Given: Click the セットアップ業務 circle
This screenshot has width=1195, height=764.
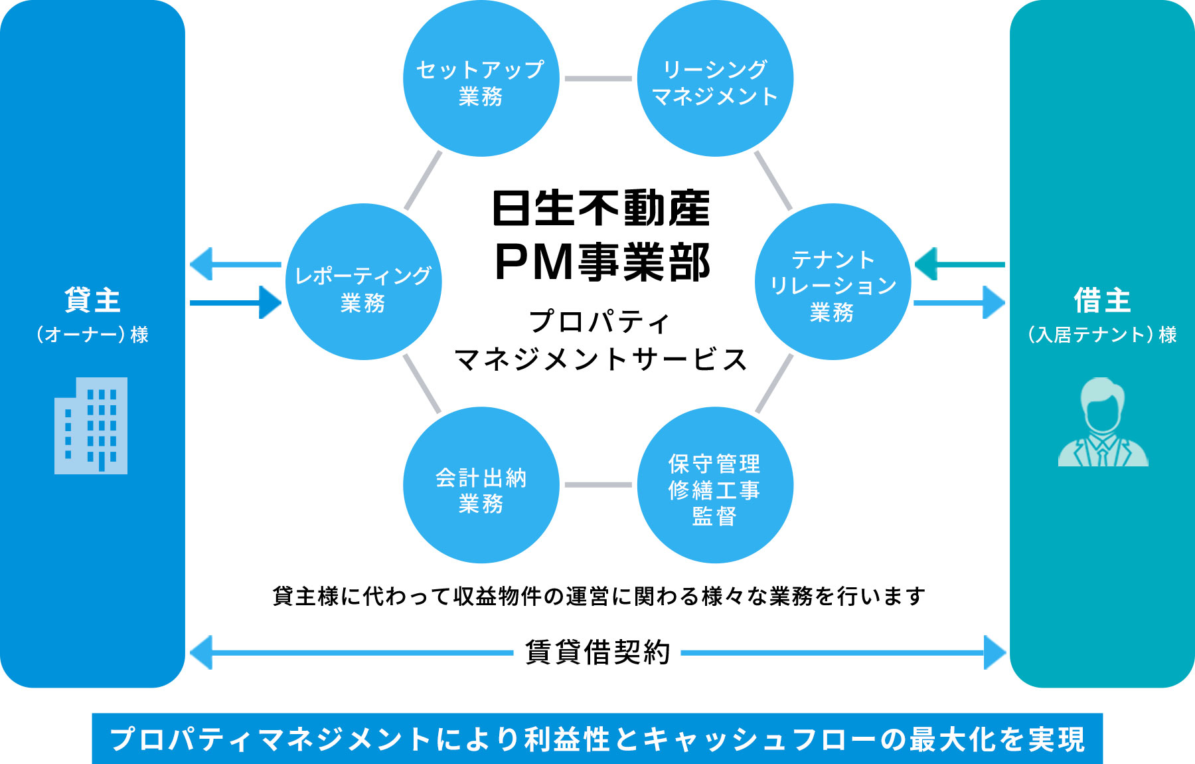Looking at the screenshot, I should (481, 79).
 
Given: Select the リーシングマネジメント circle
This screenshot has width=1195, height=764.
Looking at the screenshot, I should (715, 79).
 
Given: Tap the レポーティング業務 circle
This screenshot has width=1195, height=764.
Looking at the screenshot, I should (363, 282).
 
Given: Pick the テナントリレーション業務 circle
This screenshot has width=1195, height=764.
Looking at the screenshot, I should (833, 282).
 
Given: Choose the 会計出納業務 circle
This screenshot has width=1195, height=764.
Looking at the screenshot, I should (481, 485).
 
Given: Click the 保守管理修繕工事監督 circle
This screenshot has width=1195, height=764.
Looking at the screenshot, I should (715, 485).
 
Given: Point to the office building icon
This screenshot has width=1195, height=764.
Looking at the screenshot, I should (91, 425).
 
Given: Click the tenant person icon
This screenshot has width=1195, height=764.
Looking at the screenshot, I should (1103, 423).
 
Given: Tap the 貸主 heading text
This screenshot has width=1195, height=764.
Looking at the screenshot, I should (92, 300).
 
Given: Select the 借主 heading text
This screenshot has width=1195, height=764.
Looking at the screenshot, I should (1103, 300).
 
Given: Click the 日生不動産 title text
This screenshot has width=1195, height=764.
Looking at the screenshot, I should (601, 209).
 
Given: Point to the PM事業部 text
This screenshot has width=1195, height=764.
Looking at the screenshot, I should (602, 262).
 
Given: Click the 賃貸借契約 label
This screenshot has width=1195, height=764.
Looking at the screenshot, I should (597, 652).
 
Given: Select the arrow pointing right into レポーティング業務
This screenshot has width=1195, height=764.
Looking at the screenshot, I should (236, 303).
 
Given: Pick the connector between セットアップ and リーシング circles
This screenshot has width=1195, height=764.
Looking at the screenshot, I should (598, 78).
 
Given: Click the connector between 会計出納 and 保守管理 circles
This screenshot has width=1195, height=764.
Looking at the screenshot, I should (598, 485).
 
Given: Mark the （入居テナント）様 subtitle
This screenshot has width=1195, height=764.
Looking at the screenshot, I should (1102, 334).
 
